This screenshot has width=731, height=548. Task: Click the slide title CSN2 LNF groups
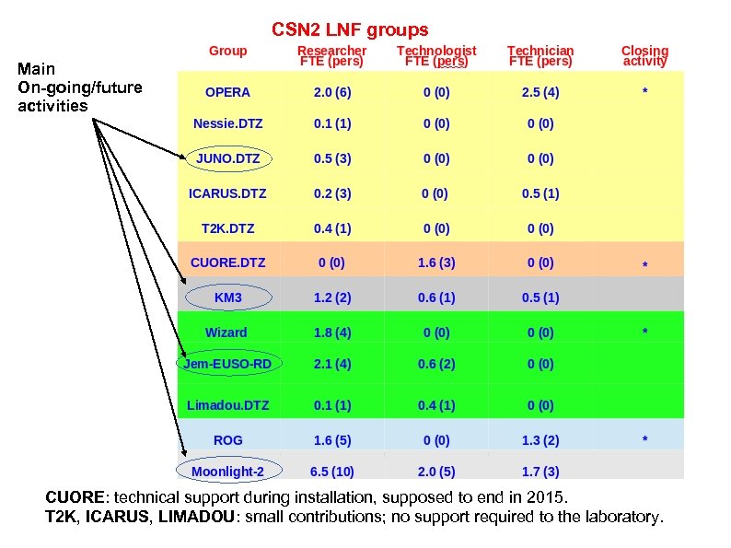pos(350,30)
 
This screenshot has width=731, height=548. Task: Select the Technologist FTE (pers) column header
pos(436,56)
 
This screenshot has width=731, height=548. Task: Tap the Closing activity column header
pos(644,56)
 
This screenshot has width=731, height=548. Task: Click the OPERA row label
pos(227,92)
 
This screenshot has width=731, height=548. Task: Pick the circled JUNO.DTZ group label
pos(227,158)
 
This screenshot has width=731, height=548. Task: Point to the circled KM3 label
pos(227,297)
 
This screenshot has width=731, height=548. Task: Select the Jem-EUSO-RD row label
pos(227,365)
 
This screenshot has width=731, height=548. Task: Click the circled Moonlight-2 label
pos(227,472)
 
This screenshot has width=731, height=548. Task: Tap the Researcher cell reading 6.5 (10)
pos(331,472)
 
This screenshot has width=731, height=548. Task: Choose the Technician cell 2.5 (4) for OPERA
pos(540,92)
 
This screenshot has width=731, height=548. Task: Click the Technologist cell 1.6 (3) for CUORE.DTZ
pos(436,262)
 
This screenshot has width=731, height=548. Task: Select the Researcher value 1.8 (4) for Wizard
pos(331,332)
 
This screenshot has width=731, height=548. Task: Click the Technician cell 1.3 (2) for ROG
pos(540,440)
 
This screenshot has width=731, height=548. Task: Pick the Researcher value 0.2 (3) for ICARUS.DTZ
pos(331,193)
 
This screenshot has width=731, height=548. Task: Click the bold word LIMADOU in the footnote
pos(196,517)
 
